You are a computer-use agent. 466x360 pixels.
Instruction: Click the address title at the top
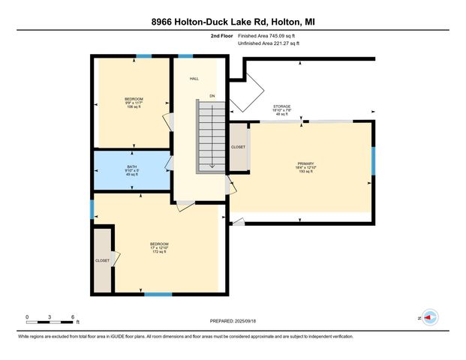(233, 22)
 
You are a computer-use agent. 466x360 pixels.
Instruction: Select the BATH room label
(132, 170)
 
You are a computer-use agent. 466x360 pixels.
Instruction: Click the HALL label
(194, 78)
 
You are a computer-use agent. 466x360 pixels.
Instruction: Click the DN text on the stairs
(212, 95)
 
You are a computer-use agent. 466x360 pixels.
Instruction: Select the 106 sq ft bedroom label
(134, 103)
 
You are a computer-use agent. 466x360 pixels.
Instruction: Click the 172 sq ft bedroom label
(159, 247)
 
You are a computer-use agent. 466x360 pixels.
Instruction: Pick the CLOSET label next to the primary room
(238, 147)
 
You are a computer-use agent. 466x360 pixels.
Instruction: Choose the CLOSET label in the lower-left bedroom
(102, 261)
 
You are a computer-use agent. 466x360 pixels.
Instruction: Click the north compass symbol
(429, 317)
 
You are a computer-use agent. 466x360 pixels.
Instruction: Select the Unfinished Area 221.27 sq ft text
(269, 44)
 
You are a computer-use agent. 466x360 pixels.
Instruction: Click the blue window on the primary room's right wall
(373, 161)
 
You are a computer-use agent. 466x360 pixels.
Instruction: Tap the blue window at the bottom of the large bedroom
(153, 293)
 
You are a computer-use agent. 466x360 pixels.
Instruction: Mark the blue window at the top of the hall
(185, 56)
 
